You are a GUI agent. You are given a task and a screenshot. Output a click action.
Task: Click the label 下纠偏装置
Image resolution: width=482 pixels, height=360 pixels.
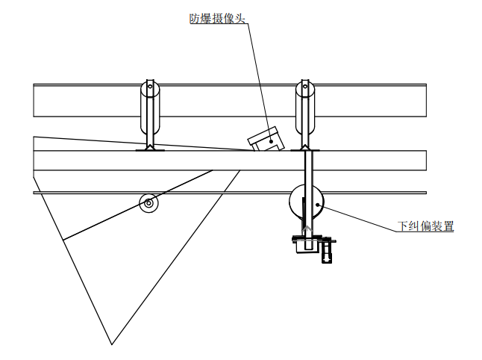[x=426, y=227]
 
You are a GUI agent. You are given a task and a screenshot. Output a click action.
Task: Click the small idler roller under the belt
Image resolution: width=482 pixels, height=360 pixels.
[x=149, y=202]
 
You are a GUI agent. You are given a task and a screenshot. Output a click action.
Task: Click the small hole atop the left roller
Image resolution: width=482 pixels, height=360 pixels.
[x=151, y=87]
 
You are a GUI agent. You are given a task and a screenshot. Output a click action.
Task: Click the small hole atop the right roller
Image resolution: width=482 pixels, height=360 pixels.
[x=304, y=87]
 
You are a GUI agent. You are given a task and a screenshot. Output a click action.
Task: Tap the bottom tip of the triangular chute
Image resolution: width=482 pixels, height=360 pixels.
[x=112, y=344]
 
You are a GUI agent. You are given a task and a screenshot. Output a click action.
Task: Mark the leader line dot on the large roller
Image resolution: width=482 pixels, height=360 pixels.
[x=319, y=203]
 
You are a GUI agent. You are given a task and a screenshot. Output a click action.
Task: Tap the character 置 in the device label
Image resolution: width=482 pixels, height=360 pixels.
[x=448, y=227]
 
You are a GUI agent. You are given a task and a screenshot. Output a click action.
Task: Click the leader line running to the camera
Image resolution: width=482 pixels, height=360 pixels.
[x=258, y=75]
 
